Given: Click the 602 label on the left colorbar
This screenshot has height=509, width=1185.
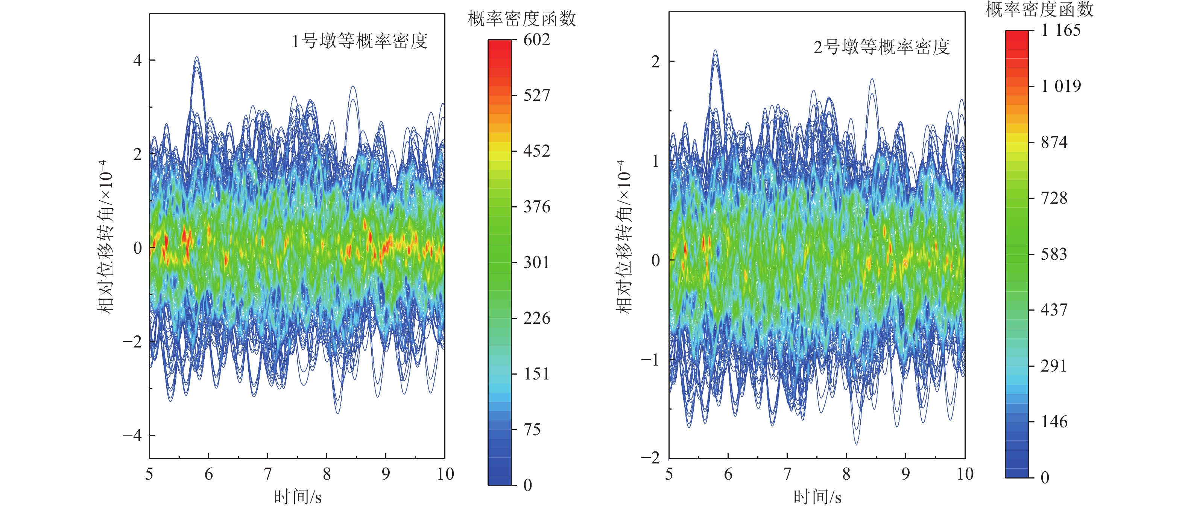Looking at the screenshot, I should [x=536, y=40].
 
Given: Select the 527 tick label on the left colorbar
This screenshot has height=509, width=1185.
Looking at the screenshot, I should [x=536, y=96].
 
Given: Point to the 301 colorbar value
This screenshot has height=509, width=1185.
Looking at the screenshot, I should [x=536, y=263].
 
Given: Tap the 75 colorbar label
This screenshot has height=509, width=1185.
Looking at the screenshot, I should [x=532, y=430].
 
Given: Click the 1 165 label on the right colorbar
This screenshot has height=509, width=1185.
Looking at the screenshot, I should [x=1060, y=31].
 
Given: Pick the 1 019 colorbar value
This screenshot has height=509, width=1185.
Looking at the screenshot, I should [x=1060, y=87].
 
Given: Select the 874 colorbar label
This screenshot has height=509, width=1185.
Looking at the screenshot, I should [x=1054, y=142].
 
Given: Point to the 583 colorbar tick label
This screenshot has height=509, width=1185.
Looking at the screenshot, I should [x=1054, y=254].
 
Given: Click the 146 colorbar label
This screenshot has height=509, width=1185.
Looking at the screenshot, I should [x=1054, y=422].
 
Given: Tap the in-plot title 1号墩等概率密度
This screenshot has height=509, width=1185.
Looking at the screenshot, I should [x=360, y=41].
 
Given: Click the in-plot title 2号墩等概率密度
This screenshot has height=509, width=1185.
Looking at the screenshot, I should [x=881, y=47].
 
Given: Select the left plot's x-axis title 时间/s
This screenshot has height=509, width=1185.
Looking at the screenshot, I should [x=298, y=497].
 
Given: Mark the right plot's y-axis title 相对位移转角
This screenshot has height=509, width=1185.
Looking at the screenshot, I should [x=624, y=237].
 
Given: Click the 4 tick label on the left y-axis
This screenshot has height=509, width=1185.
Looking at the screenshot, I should [x=137, y=60].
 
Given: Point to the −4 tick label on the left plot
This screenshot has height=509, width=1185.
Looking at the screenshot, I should [x=132, y=435].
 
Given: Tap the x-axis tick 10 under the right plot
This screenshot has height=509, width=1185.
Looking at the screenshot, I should [x=965, y=474].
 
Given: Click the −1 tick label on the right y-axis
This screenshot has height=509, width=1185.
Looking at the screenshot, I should [x=650, y=360].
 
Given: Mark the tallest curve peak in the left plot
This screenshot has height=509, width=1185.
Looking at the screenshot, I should [x=197, y=58].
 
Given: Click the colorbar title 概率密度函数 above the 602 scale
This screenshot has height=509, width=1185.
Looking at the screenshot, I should [x=522, y=19].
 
